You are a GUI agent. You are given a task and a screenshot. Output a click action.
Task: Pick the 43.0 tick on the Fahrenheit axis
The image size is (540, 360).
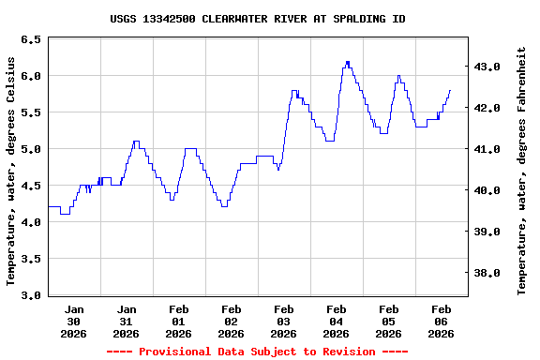point(488,67)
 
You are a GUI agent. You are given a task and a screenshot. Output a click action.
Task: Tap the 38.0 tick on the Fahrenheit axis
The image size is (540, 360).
point(488,273)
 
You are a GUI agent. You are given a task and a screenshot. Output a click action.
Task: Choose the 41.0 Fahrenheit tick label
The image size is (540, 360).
point(488,149)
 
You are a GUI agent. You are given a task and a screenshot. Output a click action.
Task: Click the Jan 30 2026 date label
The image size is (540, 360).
point(74,321)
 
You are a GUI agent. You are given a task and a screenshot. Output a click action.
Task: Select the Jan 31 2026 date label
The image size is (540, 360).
point(127,321)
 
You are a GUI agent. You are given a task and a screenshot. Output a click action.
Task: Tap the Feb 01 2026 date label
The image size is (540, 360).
point(179,321)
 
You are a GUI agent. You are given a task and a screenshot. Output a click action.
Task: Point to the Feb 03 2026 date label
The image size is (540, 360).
point(284,321)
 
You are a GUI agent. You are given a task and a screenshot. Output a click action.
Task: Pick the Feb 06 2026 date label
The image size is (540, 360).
point(442,321)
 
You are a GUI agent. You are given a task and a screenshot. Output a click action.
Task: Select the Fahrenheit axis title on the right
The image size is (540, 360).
point(522,171)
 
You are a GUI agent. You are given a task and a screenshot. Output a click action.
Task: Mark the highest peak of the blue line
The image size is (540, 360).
point(348,63)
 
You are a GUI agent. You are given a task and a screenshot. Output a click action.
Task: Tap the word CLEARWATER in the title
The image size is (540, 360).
point(238,19)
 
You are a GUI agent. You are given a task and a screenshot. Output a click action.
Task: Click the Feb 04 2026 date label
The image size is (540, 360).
point(337,321)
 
